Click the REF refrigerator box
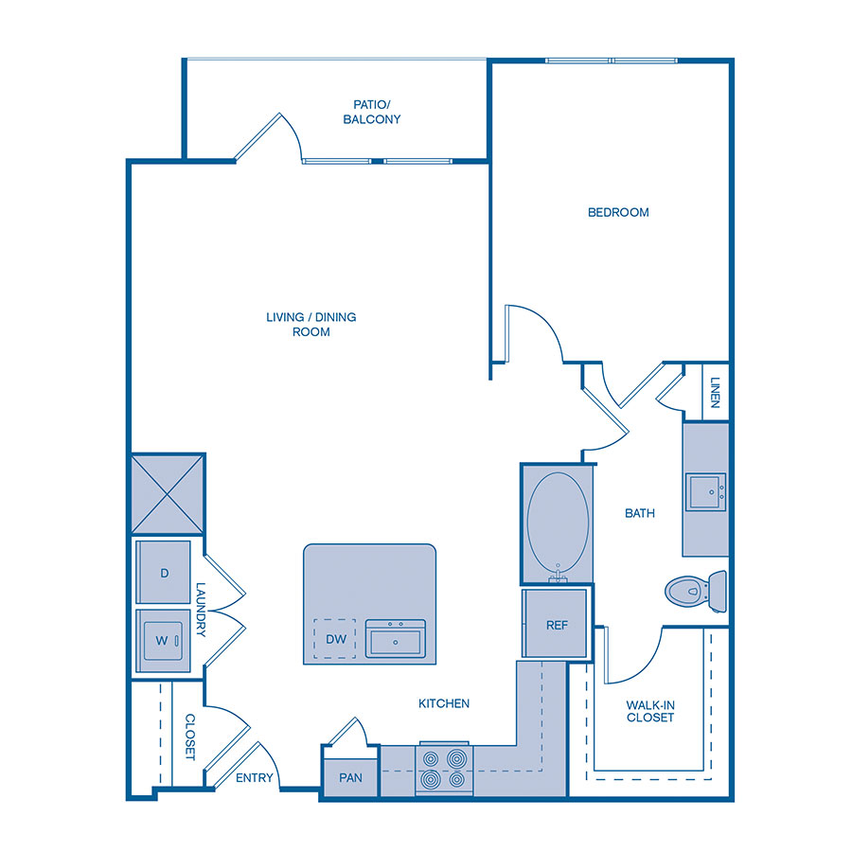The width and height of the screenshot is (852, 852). click(x=557, y=624)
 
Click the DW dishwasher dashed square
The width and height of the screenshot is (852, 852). click(x=335, y=639)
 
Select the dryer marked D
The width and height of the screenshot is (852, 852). click(x=164, y=573)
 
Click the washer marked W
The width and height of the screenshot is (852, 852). click(x=163, y=640)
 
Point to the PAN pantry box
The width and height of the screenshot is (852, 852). click(x=350, y=777)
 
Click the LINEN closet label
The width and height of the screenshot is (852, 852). click(x=715, y=392)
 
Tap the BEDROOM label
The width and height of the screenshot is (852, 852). click(x=618, y=212)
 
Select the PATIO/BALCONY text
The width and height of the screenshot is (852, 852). click(x=377, y=112)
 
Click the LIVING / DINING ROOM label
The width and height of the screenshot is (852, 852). click(x=311, y=324)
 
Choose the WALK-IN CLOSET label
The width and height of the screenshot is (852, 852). click(x=649, y=711)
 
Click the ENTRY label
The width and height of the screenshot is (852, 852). click(x=254, y=778)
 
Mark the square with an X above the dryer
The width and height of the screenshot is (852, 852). click(x=168, y=495)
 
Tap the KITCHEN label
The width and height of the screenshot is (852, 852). click(x=444, y=703)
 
